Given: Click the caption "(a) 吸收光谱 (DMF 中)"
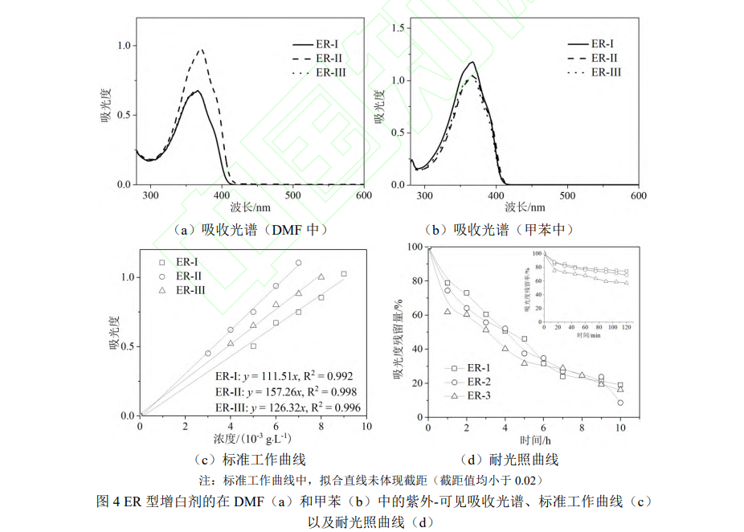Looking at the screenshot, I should (249, 230).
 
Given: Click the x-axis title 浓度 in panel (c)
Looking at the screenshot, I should (252, 439).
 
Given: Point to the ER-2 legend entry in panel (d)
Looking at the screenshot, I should (478, 382).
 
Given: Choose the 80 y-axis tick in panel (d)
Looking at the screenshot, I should (415, 281).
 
